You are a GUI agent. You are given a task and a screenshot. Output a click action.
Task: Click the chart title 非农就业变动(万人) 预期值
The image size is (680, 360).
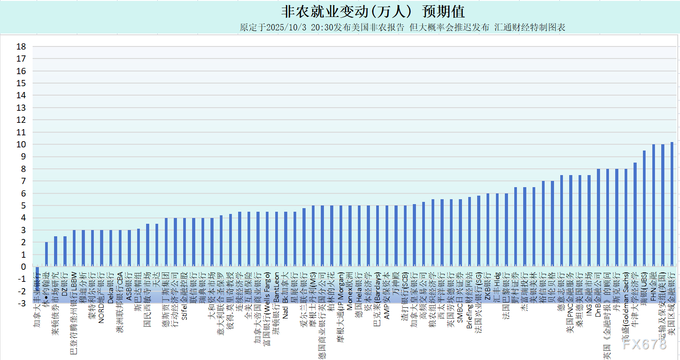[x=373, y=12]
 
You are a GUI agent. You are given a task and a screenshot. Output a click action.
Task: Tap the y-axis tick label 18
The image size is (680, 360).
[x=21, y=46]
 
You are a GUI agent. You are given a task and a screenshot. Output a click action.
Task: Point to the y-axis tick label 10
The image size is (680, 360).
[x=21, y=144]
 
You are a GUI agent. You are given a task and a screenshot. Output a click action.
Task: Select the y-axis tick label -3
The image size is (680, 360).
[x=21, y=304]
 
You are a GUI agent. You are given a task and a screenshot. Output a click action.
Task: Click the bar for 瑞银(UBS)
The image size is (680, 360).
[x=644, y=209]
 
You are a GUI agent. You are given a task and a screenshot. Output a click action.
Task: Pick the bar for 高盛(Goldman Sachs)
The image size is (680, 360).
[x=626, y=218]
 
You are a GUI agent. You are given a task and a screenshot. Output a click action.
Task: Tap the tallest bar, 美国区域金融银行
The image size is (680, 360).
[x=672, y=204]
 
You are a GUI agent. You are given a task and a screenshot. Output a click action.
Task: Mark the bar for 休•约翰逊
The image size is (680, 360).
[x=46, y=254]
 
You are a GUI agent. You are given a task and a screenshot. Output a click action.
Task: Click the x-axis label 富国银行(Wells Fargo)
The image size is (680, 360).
[x=267, y=308]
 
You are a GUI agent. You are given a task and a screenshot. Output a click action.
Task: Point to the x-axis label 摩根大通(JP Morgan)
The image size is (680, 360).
[x=340, y=312]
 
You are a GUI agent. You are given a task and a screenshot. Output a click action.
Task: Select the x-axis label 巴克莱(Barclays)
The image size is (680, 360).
[x=378, y=299]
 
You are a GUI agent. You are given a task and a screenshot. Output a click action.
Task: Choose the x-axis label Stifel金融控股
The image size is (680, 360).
[x=185, y=295]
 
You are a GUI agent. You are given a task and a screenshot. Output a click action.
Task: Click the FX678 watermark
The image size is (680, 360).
[x=644, y=344]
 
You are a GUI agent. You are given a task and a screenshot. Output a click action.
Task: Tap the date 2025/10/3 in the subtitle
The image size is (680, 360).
[x=286, y=27]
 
